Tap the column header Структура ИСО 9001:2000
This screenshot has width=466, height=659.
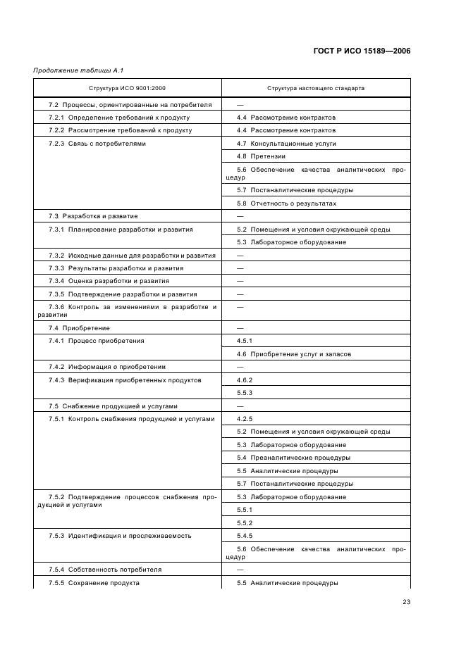coord(128,88)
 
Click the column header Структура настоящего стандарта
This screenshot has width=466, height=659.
coord(315,88)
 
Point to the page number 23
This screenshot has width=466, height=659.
coord(406,601)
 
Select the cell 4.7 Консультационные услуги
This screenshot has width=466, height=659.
coord(286,143)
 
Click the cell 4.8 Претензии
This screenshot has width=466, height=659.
coord(262,156)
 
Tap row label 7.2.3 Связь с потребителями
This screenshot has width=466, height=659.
coord(97,143)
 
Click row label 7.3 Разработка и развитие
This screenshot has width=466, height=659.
coord(93,216)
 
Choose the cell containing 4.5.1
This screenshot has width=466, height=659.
coord(245,341)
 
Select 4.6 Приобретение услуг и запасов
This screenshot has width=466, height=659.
coord(293,354)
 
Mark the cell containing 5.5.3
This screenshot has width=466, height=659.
coord(245,393)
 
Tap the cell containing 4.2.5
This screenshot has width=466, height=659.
coord(245,419)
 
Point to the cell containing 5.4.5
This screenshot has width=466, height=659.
coord(245,536)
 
